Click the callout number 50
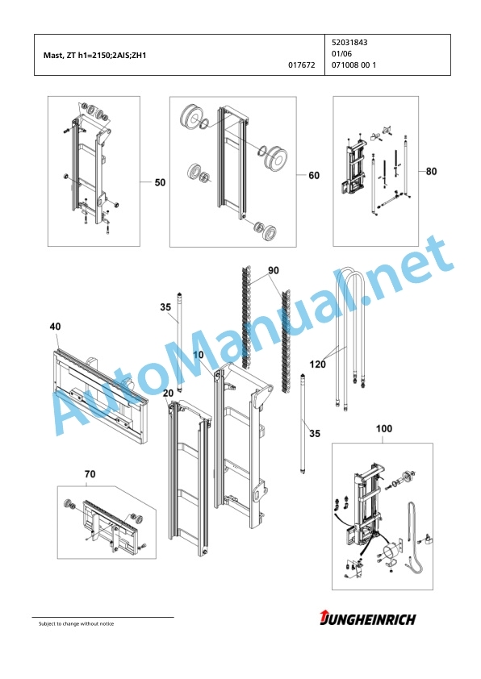click(160, 182)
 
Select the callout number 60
click(314, 175)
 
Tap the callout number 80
click(431, 172)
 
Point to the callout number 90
click(274, 271)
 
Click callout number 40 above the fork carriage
click(55, 327)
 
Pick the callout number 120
click(318, 364)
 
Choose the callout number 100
click(384, 429)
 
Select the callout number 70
click(90, 474)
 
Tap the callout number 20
click(168, 394)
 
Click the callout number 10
click(198, 355)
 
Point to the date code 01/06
click(342, 54)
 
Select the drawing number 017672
click(302, 65)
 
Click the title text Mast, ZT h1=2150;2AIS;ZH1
click(95, 56)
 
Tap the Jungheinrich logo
click(367, 619)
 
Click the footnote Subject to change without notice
click(77, 623)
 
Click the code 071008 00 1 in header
click(353, 65)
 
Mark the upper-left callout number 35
click(165, 307)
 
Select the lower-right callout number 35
click(315, 434)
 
